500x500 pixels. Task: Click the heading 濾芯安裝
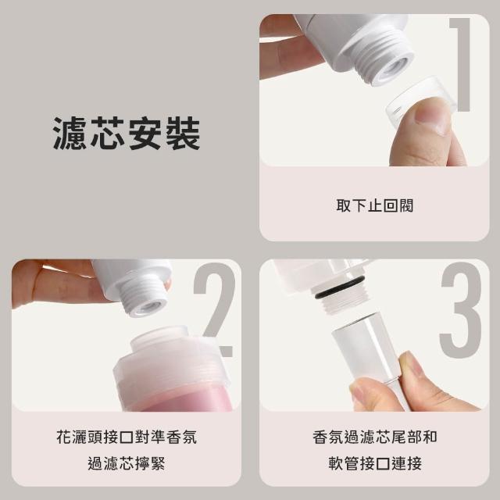[127, 133]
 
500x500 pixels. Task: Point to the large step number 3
[461, 309]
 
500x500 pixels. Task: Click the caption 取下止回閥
[375, 205]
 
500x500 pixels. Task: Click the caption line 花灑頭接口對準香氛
[127, 437]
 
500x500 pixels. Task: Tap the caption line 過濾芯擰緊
[127, 463]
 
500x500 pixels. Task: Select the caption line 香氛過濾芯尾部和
[375, 437]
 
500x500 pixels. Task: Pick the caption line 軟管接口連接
[375, 463]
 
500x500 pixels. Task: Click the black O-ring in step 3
[338, 289]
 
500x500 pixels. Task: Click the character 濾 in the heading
[70, 133]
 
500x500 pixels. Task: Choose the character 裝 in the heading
[184, 133]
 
